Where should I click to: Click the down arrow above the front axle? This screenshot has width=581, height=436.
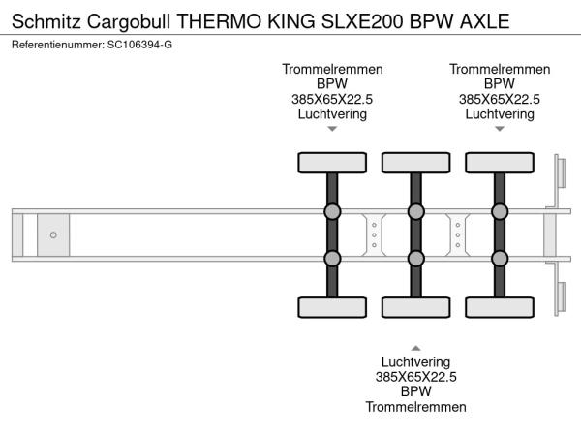tap(332, 128)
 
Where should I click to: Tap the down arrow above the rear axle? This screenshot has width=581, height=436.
tap(500, 128)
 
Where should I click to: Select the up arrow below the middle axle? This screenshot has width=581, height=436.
tap(415, 347)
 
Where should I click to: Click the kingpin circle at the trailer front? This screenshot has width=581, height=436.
tap(53, 234)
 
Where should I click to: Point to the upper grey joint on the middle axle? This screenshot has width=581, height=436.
tap(415, 212)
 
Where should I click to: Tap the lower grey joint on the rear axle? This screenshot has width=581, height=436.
tap(500, 258)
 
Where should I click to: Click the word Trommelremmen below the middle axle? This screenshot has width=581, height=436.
tap(415, 407)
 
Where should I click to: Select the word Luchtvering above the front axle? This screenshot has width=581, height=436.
tap(332, 113)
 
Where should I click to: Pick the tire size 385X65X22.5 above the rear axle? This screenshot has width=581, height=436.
tap(500, 99)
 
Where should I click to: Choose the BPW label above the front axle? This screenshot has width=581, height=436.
tap(332, 84)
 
